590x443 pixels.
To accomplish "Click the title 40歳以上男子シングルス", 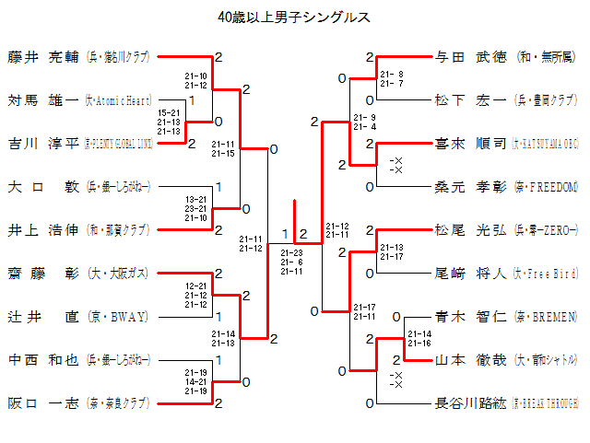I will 294,17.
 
